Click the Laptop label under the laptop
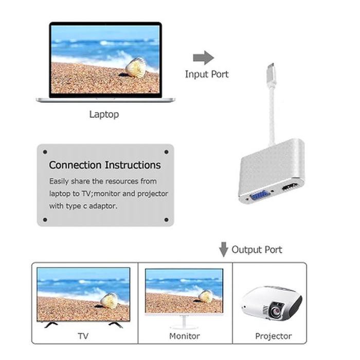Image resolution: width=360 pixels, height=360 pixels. [104, 114]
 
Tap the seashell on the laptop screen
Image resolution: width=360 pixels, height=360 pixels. [136, 67]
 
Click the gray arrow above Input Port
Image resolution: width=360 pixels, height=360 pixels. [204, 58]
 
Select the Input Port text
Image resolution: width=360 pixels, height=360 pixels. [207, 74]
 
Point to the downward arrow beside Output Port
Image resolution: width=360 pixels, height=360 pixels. [223, 249]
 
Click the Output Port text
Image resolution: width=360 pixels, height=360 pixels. [257, 249]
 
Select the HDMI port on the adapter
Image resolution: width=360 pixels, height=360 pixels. [291, 187]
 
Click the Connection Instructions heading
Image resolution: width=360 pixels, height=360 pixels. [105, 165]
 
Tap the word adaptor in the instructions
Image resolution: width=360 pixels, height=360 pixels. [103, 206]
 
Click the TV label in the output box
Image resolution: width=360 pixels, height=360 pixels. [83, 336]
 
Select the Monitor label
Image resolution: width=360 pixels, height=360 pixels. [184, 336]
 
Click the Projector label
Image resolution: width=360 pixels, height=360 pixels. [274, 336]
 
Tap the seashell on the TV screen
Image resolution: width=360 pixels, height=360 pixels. [110, 300]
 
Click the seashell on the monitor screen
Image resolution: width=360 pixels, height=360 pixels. [206, 296]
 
